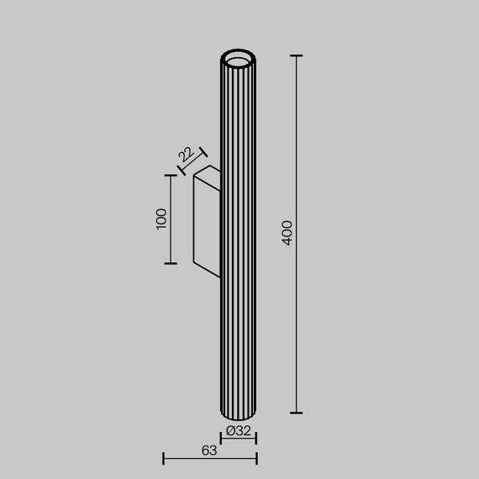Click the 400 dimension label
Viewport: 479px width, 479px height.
point(287,233)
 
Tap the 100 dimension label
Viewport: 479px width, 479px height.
point(161,218)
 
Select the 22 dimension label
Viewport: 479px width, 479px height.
point(186,154)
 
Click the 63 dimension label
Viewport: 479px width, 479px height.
point(209,450)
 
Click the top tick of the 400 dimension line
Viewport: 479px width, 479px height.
point(296,55)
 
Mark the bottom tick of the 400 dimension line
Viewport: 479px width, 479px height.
point(296,413)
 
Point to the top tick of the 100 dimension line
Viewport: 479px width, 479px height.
point(171,176)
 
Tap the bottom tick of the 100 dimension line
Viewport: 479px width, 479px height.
point(171,263)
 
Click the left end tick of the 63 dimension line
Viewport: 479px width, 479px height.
point(163,458)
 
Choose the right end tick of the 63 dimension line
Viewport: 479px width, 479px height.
point(256,458)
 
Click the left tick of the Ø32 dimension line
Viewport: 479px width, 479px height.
point(222,437)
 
